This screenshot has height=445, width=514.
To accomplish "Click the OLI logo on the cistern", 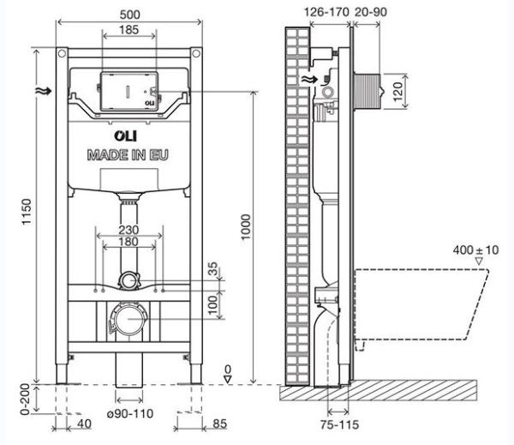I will [x=128, y=135].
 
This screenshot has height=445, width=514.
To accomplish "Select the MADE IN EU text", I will [x=128, y=155].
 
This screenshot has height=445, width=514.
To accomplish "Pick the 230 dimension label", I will [x=128, y=230].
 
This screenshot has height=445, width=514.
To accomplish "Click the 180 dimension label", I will [x=128, y=244].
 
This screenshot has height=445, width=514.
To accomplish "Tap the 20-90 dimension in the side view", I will [x=369, y=12].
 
